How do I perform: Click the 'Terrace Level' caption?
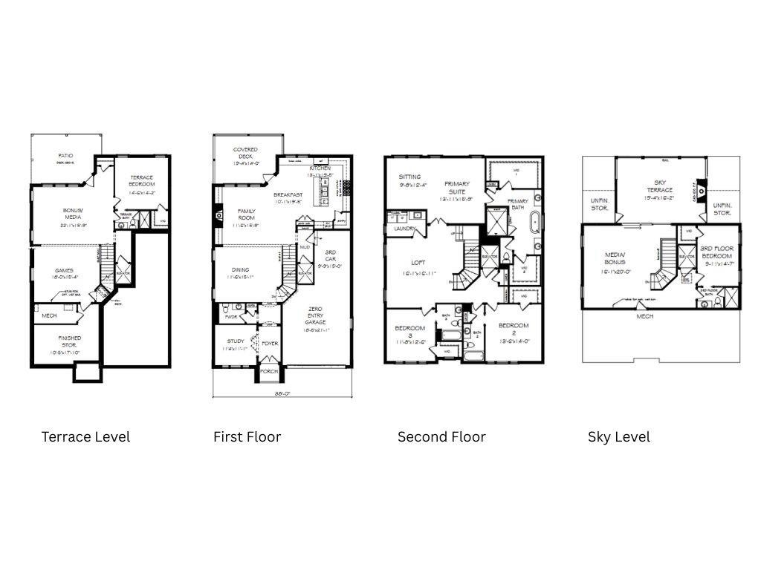click(x=85, y=436)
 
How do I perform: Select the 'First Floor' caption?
click(x=247, y=436)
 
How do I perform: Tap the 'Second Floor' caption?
click(x=441, y=436)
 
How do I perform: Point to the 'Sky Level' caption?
click(x=618, y=436)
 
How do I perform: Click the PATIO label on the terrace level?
click(x=66, y=157)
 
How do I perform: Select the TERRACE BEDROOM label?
click(x=141, y=181)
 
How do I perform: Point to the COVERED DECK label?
click(x=245, y=153)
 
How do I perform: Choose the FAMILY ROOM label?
click(x=242, y=214)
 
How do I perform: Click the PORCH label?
click(x=268, y=371)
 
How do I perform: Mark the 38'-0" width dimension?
click(x=282, y=394)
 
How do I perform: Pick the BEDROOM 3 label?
click(x=409, y=331)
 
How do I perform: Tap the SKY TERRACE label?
click(x=659, y=186)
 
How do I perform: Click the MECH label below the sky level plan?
click(x=645, y=317)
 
